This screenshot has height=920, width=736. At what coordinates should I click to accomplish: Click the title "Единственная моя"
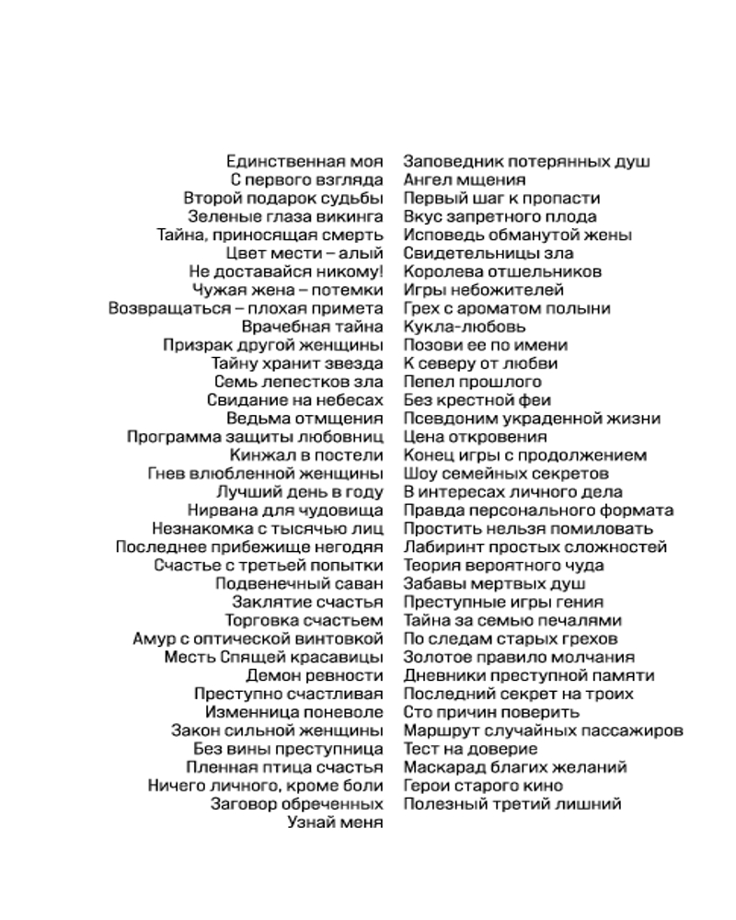click(x=305, y=162)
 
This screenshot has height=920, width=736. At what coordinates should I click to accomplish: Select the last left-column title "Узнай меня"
click(x=336, y=822)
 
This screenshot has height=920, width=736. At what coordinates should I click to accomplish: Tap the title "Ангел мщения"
click(x=465, y=180)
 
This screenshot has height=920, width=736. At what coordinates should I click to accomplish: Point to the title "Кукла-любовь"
click(x=465, y=327)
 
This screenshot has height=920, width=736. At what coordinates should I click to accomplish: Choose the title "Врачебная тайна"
click(x=312, y=327)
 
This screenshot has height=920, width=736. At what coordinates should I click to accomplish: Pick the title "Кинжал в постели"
click(x=306, y=455)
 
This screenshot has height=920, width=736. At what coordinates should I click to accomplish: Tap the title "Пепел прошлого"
click(x=472, y=382)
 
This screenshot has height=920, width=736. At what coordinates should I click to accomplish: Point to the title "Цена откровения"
click(x=475, y=437)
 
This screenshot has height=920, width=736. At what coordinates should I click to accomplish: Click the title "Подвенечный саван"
click(x=299, y=583)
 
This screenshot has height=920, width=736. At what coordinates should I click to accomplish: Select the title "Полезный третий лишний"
click(x=512, y=804)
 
